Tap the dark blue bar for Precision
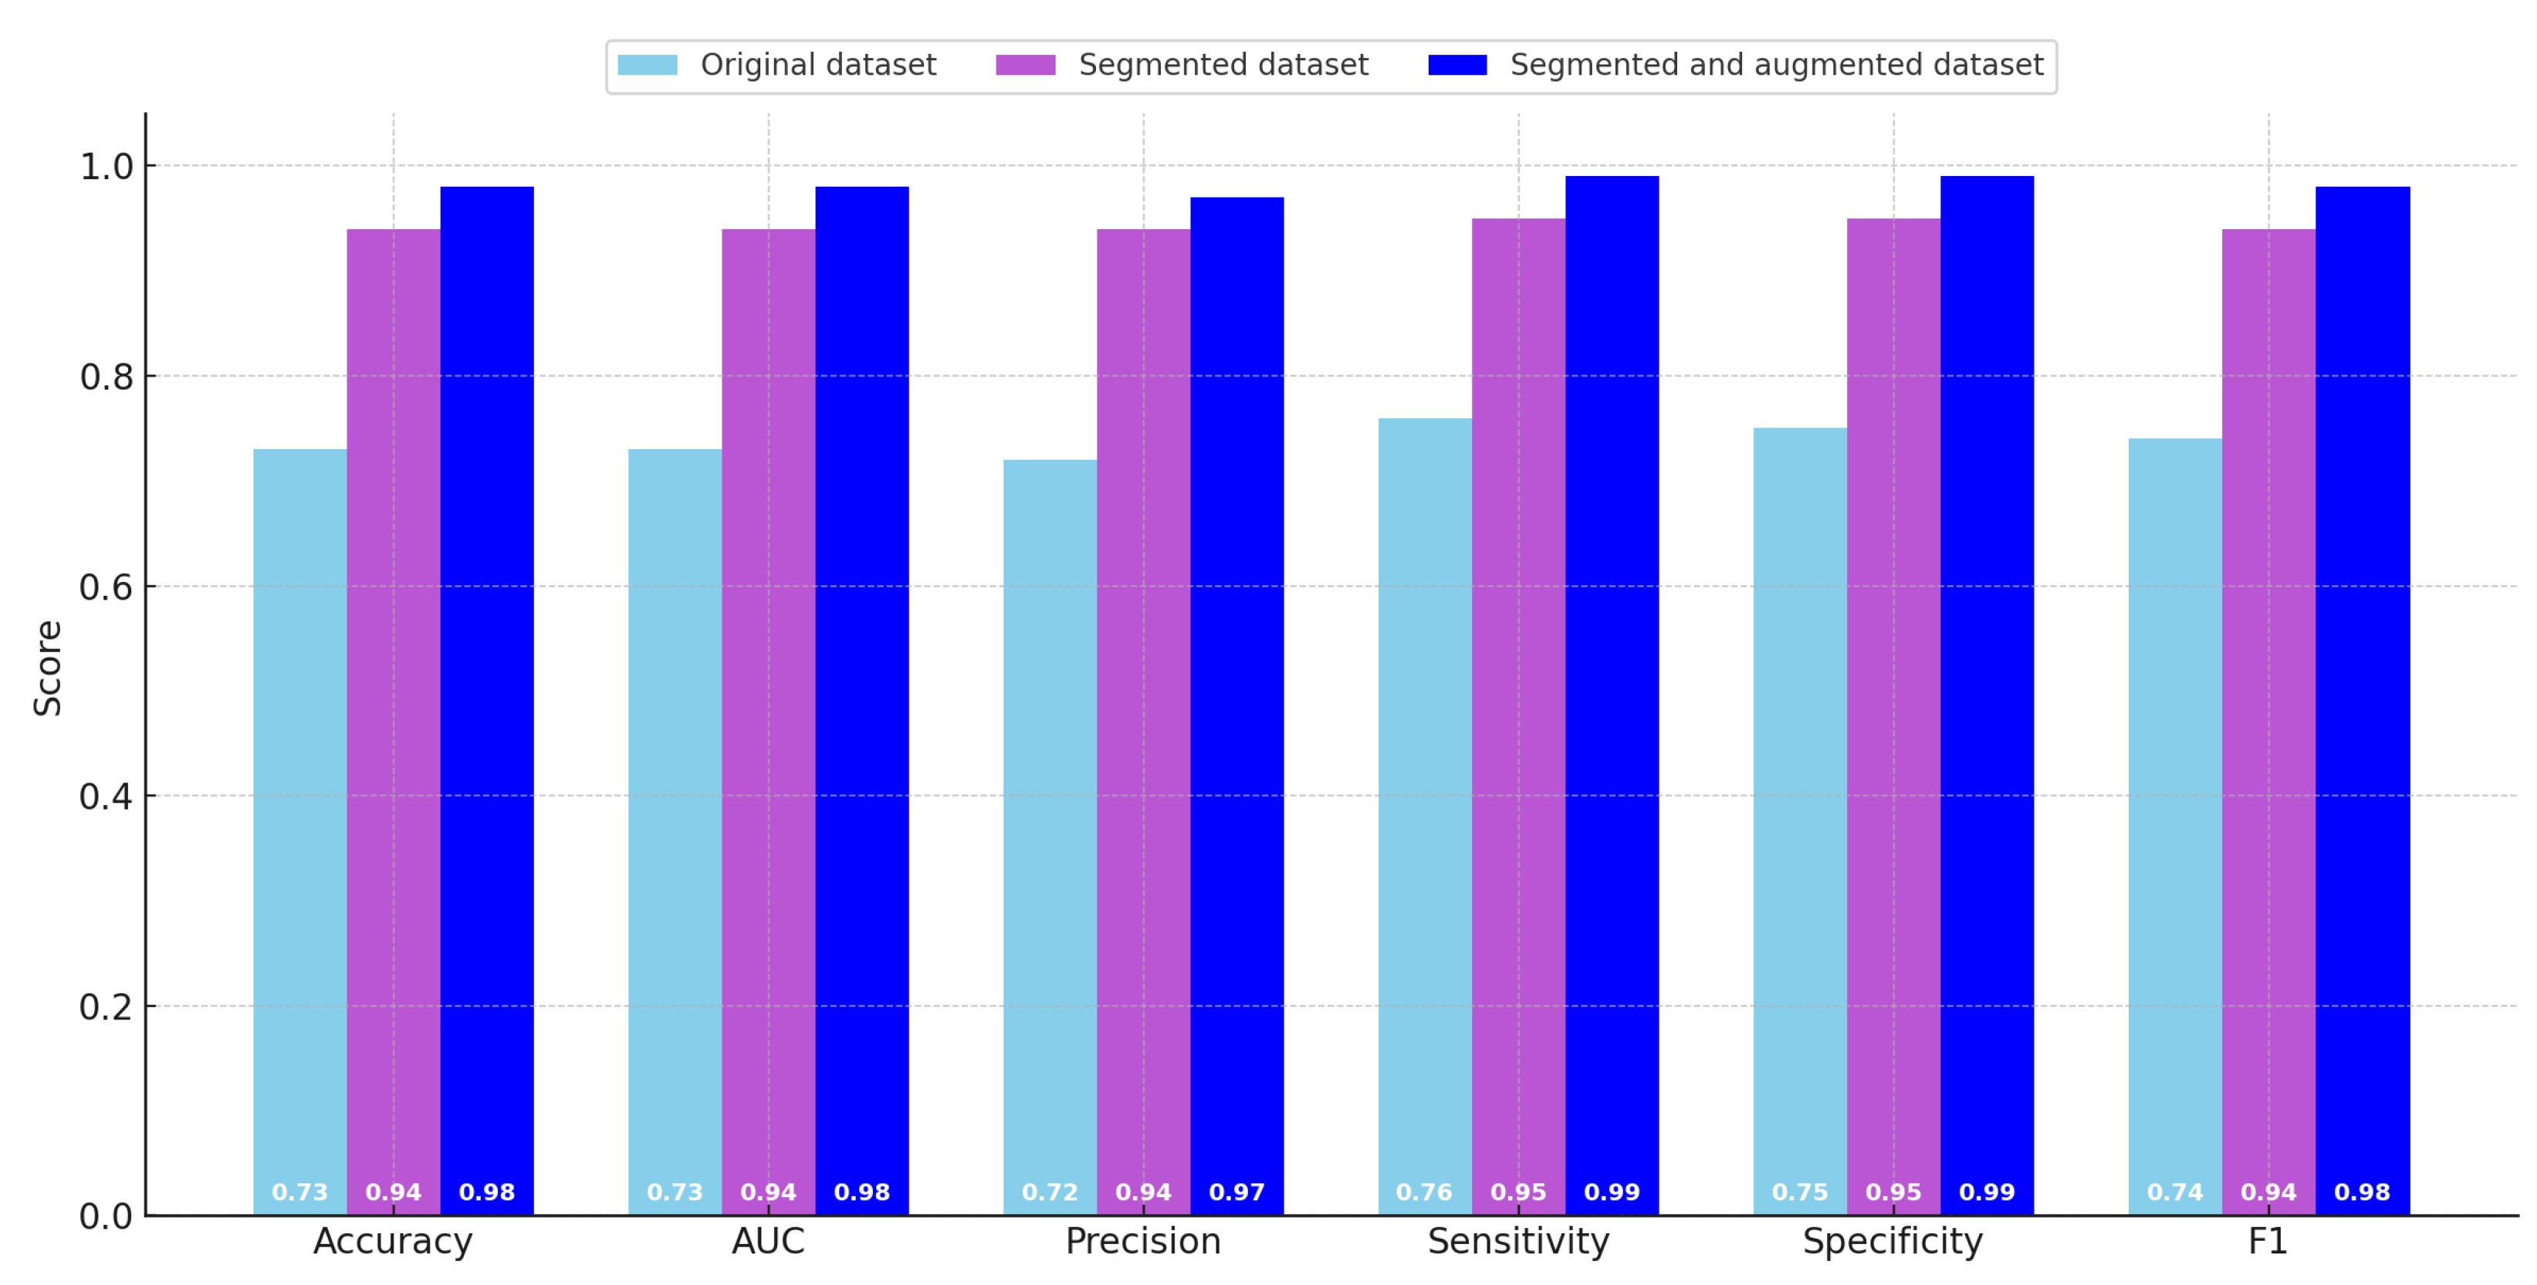tap(1237, 689)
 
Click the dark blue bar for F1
tap(2362, 689)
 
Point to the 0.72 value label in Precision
tap(1050, 1192)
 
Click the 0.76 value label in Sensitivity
tap(1424, 1192)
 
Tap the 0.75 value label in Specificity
tap(1799, 1192)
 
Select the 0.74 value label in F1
tap(2174, 1192)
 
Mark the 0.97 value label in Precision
tap(1237, 1192)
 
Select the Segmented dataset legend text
tap(1223, 65)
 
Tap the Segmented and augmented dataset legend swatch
tap(1457, 65)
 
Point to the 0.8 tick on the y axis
tap(107, 376)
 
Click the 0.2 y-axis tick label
tap(107, 1006)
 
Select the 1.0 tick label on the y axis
tap(107, 167)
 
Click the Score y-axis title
tap(47, 668)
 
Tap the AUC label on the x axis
tap(768, 1242)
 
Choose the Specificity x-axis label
tap(1893, 1242)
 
